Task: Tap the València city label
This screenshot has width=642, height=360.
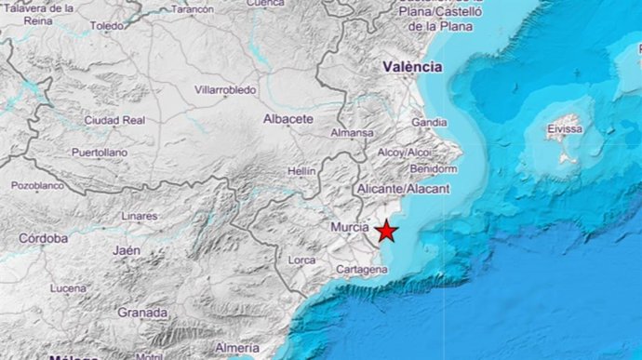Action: [412, 67]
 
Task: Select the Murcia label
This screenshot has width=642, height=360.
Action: [350, 226]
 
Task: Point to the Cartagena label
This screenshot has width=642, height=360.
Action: [360, 270]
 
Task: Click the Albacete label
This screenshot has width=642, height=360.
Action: [288, 119]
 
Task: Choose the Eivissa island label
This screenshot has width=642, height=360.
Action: [566, 129]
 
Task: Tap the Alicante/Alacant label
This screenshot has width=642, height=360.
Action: [404, 189]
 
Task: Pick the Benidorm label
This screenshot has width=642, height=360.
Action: [433, 169]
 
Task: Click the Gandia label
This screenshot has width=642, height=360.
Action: [429, 122]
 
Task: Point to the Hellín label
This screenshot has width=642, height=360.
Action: [301, 172]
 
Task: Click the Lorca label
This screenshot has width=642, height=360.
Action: [301, 260]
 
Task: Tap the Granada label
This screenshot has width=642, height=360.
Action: [142, 313]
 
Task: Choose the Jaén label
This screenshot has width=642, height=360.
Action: [126, 250]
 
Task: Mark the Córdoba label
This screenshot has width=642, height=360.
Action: [45, 238]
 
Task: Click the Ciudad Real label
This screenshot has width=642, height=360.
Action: [114, 120]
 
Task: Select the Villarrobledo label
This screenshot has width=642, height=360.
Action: [224, 90]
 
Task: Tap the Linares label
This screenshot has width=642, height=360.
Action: [140, 217]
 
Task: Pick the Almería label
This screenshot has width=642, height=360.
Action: [236, 348]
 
